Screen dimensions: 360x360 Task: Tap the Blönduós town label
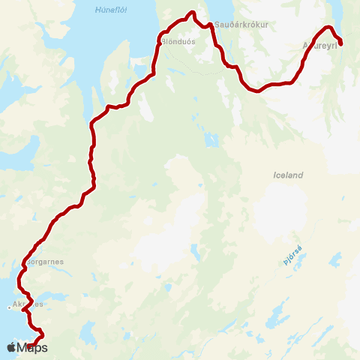[x=178, y=42]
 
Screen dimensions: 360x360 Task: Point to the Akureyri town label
[x=318, y=45]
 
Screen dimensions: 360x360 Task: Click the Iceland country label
[x=289, y=175]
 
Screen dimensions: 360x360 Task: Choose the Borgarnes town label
[x=46, y=262]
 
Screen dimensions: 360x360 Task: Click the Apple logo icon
[x=10, y=347]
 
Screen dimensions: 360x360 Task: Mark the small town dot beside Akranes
[x=9, y=306]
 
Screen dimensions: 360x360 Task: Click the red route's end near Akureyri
[x=340, y=43]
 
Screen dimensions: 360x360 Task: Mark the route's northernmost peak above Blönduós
[x=192, y=13]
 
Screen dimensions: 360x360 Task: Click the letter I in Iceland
[x=275, y=175]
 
